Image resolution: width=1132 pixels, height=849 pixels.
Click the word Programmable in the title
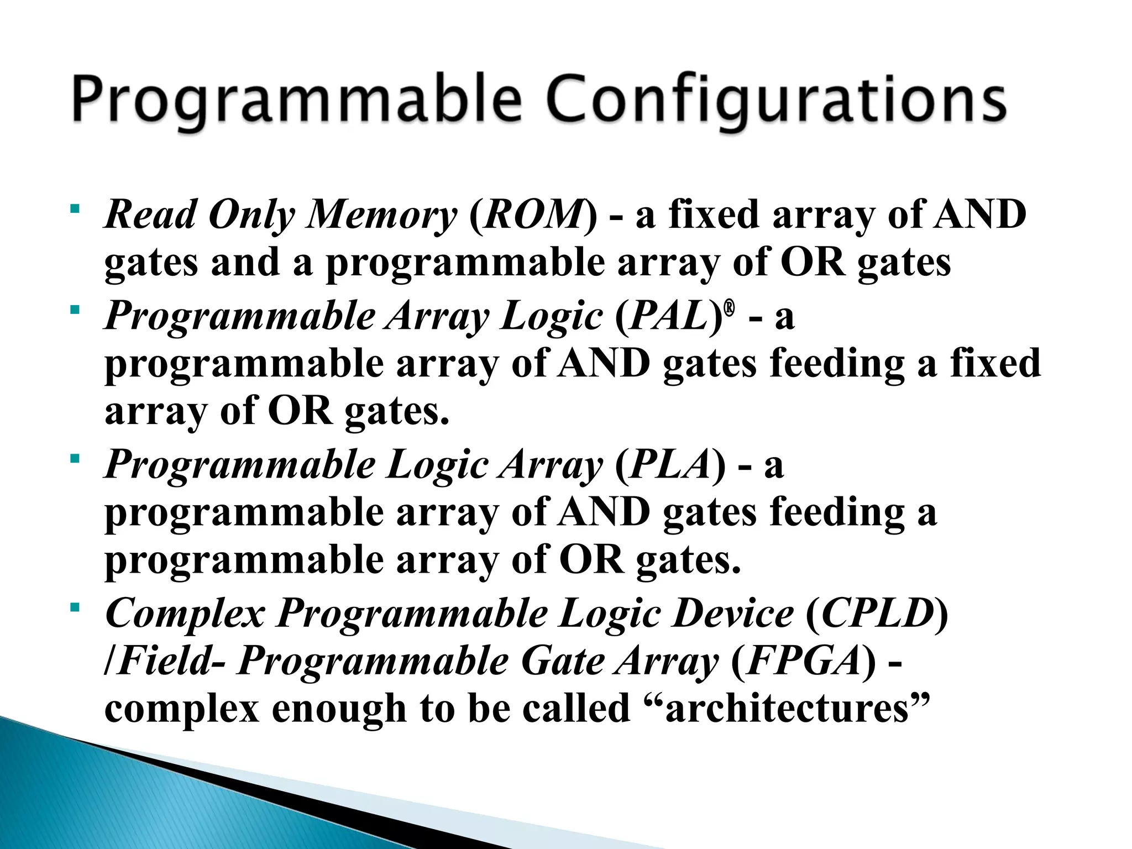click(x=296, y=101)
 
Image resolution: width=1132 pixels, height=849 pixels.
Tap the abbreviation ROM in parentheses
click(x=533, y=215)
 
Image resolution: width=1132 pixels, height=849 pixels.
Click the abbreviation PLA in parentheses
click(x=669, y=465)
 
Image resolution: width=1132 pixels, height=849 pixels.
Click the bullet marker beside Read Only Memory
click(x=75, y=209)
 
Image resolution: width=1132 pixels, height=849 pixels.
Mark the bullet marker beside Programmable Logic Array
click(x=75, y=459)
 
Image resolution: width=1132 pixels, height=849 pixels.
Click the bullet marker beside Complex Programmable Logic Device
click(x=75, y=608)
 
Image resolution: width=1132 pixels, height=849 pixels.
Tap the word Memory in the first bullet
click(x=381, y=215)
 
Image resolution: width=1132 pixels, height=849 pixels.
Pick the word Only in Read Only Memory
click(x=251, y=215)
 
